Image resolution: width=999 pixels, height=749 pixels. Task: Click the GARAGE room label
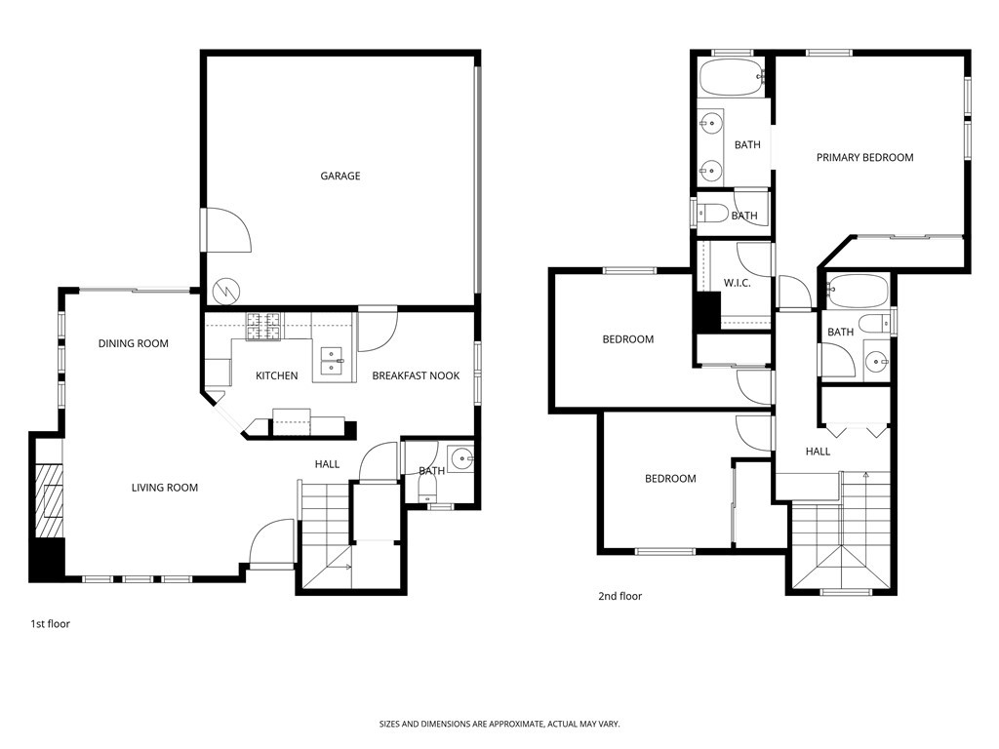(x=340, y=177)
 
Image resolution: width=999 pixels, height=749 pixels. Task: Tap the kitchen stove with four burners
(x=262, y=326)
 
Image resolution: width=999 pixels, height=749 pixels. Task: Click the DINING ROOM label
(x=133, y=343)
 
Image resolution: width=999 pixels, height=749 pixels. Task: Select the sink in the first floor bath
(x=460, y=457)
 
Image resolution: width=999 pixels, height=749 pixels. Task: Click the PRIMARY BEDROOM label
(x=864, y=158)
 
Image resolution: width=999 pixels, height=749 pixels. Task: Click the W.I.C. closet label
(x=736, y=284)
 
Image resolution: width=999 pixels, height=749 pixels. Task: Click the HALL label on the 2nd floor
(x=818, y=452)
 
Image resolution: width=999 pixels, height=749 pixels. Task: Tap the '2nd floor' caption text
(x=619, y=596)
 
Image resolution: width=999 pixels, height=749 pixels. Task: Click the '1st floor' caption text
(x=49, y=624)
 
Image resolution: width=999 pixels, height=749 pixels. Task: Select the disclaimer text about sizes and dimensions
(x=499, y=724)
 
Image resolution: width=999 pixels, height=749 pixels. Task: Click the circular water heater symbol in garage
(x=226, y=290)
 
